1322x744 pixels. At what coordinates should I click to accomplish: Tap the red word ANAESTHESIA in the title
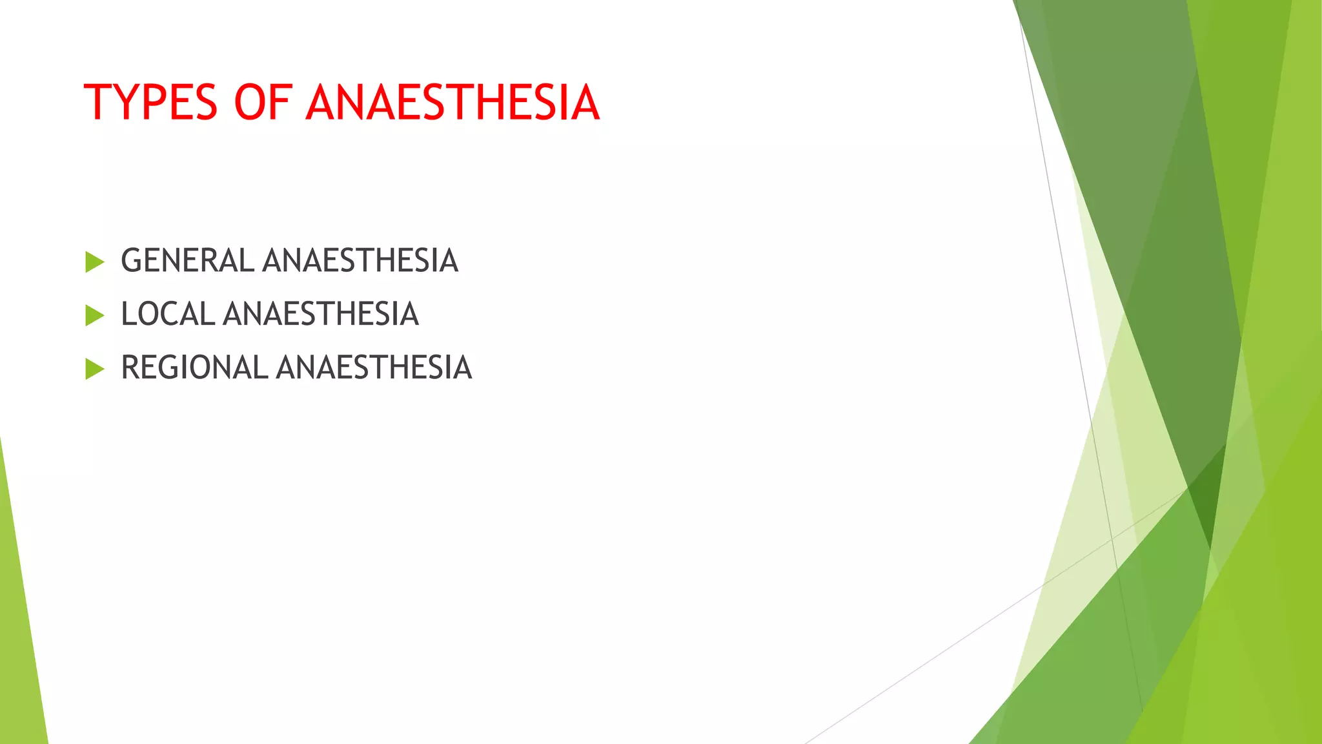453,103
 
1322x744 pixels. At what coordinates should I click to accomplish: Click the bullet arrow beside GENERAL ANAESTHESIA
94,262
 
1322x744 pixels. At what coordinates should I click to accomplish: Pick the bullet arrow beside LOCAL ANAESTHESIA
94,316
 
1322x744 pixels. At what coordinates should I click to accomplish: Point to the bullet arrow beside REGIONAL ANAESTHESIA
94,369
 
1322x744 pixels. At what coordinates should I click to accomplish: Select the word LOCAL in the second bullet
168,315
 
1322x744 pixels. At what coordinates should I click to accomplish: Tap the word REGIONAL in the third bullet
194,368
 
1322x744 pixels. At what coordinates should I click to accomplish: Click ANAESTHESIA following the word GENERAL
360,261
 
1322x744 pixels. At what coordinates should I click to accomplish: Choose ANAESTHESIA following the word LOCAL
321,315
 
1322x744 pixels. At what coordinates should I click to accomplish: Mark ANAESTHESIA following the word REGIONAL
374,368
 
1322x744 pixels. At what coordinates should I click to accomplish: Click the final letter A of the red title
585,103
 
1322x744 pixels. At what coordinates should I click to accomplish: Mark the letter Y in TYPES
126,103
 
